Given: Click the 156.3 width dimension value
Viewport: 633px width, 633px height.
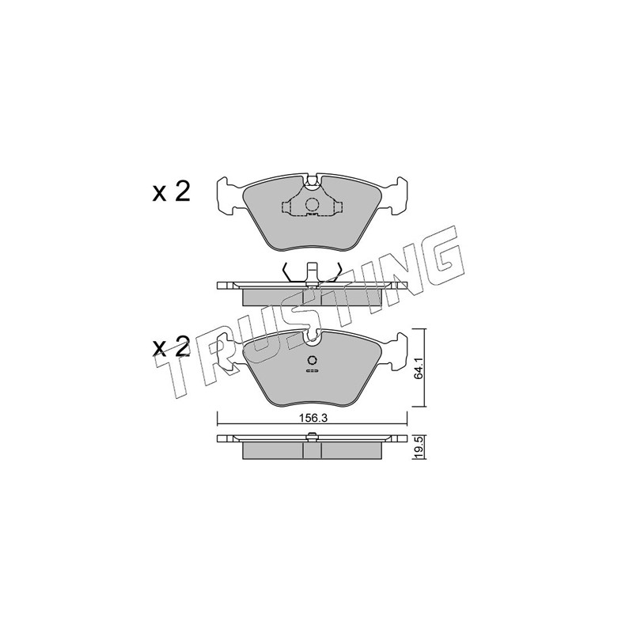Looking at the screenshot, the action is tap(313, 419).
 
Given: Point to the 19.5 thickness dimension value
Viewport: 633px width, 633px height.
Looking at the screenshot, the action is tap(418, 447).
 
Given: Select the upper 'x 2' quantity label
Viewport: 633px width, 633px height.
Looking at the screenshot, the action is tap(171, 193).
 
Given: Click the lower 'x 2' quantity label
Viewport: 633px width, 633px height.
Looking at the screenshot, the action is tap(171, 347).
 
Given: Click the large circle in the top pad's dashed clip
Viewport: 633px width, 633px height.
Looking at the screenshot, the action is tap(312, 205).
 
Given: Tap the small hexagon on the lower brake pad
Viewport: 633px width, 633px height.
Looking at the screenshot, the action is tap(313, 361).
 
